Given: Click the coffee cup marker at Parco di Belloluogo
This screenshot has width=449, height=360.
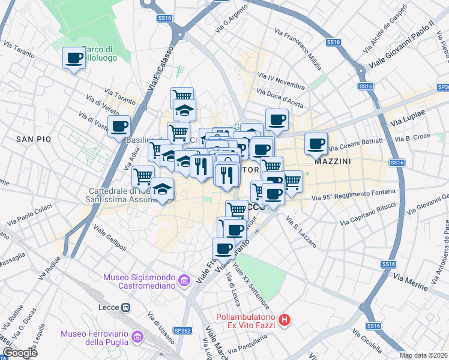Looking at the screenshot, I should coord(74,58).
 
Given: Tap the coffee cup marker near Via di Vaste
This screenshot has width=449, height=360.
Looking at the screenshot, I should coord(119,127).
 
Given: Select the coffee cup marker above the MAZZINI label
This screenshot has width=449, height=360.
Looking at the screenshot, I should coord(316,143).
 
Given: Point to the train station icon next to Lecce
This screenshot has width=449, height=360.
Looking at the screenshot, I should coord(125,308).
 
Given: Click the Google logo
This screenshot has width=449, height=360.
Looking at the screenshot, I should coord(20,353).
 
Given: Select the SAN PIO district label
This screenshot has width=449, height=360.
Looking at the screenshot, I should coord(33,139).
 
